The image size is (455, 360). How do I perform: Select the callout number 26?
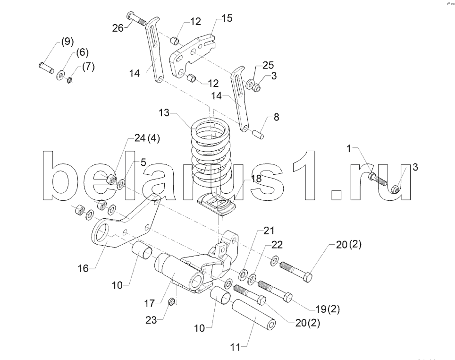coord(118,28)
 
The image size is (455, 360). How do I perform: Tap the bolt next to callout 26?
coord(137,19)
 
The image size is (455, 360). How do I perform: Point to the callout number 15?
coord(227,18)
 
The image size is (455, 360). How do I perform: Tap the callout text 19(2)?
coord(328,309)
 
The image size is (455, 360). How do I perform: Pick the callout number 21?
coord(269,231)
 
